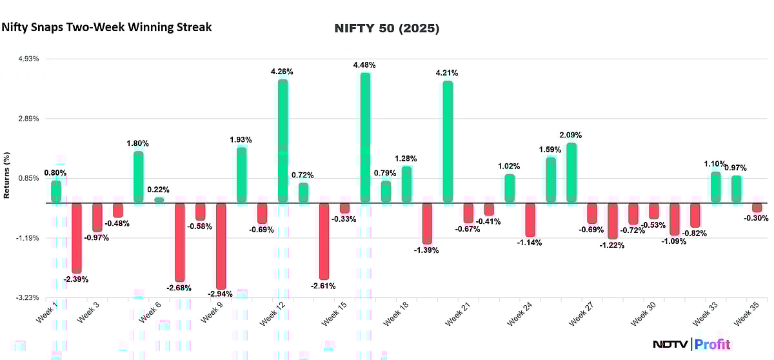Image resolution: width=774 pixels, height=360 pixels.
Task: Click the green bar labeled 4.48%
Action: (365, 137)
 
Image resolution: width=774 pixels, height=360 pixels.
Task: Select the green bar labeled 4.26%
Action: (283, 141)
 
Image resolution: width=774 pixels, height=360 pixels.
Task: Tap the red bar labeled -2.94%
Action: (221, 246)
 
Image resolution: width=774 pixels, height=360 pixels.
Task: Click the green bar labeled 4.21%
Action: (448, 141)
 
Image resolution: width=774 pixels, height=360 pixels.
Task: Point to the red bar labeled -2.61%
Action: (324, 241)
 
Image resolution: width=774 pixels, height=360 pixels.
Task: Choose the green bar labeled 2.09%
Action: (571, 172)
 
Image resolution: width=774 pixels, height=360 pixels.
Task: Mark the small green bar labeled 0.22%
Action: (159, 200)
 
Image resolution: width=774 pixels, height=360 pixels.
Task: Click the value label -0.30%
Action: (757, 218)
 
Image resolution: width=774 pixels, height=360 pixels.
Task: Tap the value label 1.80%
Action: (138, 143)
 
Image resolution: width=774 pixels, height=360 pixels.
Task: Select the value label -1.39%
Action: (426, 250)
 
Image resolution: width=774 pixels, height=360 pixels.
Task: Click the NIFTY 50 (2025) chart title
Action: (387, 29)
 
